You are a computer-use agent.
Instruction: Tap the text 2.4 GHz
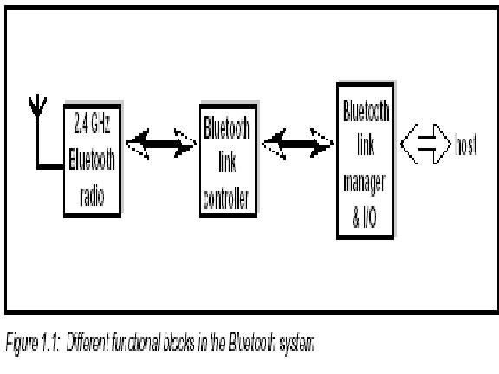coord(93,124)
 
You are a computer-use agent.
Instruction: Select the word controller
coord(226,199)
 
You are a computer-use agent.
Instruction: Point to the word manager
coord(365,184)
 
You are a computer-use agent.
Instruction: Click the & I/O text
coord(365,218)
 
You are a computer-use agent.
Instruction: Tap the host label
coord(466,145)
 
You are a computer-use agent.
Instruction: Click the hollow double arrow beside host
coord(425,144)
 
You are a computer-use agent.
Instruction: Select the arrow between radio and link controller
coord(161,144)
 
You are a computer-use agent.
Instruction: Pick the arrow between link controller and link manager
coord(297,144)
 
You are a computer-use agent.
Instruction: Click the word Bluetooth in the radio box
coord(92,159)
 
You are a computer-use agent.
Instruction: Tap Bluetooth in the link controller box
coord(227,128)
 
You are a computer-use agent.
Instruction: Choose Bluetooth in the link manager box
coord(366,111)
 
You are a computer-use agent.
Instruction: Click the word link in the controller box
coord(227,162)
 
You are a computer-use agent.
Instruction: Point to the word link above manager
coord(366,145)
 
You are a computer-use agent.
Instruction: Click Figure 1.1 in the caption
coord(32,343)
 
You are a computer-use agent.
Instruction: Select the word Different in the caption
coord(87,342)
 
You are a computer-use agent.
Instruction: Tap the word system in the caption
coord(297,344)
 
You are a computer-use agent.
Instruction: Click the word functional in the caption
coord(136,342)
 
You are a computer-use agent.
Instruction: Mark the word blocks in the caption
coord(178,342)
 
